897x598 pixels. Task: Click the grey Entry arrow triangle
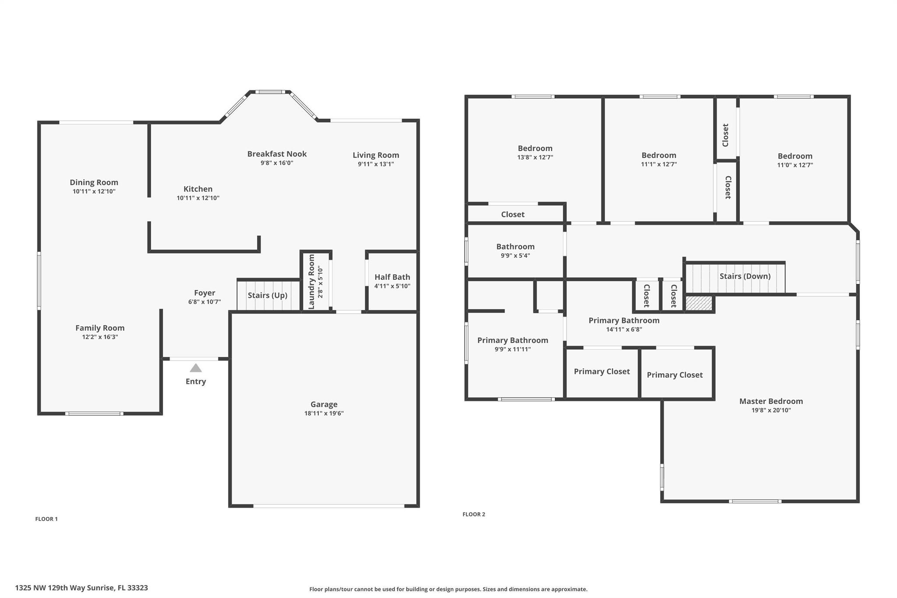point(196,368)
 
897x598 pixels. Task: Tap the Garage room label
point(324,404)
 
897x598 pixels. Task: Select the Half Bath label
point(392,277)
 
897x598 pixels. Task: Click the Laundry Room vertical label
point(312,282)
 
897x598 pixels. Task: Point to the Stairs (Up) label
point(268,295)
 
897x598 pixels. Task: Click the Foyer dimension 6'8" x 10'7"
point(205,302)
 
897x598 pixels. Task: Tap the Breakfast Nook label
point(277,154)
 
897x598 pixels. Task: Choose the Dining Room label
point(94,182)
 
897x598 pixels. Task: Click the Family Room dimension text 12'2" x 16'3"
point(100,337)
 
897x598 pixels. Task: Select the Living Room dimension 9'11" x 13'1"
point(376,164)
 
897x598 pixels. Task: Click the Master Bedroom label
point(771,401)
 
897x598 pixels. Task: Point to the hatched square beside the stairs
point(699,303)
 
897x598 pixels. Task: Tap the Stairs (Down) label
point(745,276)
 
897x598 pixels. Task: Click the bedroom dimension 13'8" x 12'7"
point(535,157)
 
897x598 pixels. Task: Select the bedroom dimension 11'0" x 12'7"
point(795,165)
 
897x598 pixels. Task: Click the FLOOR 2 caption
point(474,514)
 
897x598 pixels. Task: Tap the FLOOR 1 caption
point(46,519)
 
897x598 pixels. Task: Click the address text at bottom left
point(81,588)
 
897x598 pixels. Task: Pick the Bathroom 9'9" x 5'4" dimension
point(516,256)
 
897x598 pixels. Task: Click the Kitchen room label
point(198,189)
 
